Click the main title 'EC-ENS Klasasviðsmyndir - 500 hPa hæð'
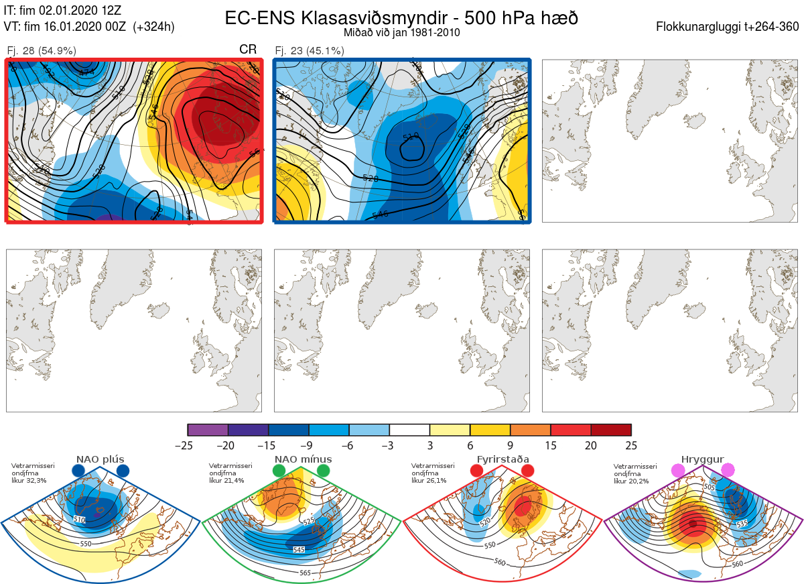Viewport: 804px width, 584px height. tap(401, 17)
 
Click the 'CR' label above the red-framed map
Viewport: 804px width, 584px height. tap(248, 50)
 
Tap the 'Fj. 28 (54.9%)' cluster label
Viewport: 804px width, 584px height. tap(42, 51)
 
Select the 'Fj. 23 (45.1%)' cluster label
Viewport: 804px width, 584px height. tap(310, 51)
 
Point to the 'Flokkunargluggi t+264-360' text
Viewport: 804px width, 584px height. tap(728, 27)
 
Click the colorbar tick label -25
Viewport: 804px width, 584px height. tap(188, 445)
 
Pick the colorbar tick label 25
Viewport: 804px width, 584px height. tap(630, 445)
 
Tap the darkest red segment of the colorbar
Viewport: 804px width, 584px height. tap(611, 430)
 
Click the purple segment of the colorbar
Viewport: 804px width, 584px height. tap(208, 430)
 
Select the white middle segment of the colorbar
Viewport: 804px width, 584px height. tap(409, 430)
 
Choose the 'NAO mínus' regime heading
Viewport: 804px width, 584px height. tap(303, 459)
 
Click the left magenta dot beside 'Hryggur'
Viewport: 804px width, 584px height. tap(677, 471)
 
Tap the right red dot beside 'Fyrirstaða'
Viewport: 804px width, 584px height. tap(527, 471)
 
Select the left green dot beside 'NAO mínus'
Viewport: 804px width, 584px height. tap(279, 471)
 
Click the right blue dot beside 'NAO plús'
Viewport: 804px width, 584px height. tap(123, 471)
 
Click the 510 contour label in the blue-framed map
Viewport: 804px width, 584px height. tap(410, 137)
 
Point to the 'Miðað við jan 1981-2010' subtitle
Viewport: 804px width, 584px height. tap(401, 32)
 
